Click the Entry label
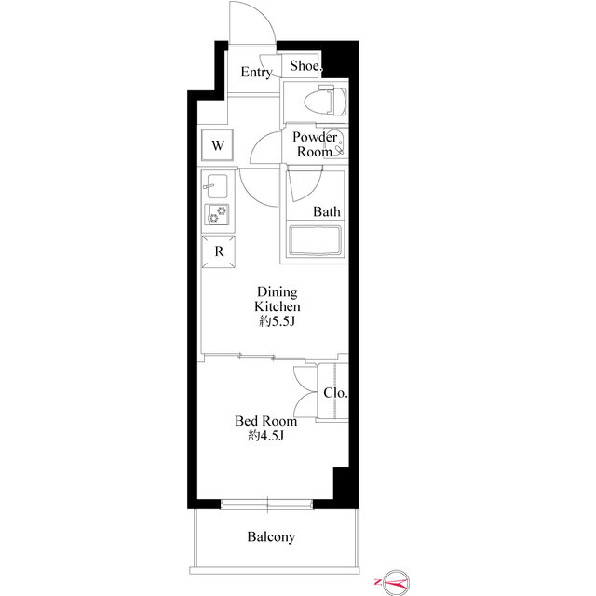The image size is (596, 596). pos(257,72)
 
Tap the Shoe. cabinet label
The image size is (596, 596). pos(306,66)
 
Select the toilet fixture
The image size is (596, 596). pos(326,101)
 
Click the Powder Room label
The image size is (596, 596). pos(315,144)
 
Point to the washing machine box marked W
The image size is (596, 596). pos(217,145)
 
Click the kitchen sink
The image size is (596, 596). pos(216,186)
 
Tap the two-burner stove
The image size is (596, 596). pos(217,215)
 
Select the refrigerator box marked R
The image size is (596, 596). pos(219,251)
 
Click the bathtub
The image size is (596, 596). pos(315,241)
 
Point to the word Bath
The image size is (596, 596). pos(327,211)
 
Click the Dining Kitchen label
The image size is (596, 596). pos(278,299)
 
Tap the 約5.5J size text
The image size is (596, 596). pos(278,321)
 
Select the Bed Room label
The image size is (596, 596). pos(265,421)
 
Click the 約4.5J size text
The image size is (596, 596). pos(266,436)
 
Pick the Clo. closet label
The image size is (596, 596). pos(335,393)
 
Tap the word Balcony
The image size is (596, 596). pos(271,536)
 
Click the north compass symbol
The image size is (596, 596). pos(395,582)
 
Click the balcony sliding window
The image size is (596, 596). pos(267,505)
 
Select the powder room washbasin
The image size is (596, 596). pos(339,142)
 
